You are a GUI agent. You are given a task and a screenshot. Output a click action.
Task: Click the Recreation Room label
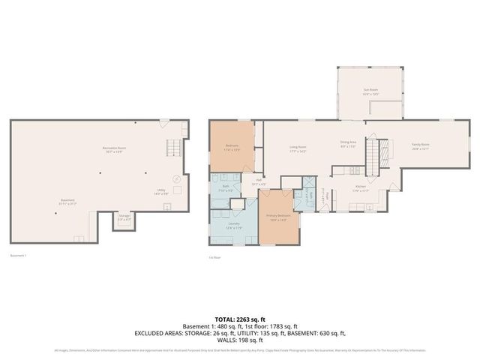point(114,149)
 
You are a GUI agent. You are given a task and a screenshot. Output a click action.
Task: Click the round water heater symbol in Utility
point(177,179)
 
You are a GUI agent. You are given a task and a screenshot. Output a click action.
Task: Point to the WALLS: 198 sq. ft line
point(240,340)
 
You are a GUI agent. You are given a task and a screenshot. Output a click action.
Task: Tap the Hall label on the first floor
point(258,180)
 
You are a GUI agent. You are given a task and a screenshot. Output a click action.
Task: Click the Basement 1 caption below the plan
point(19,256)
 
